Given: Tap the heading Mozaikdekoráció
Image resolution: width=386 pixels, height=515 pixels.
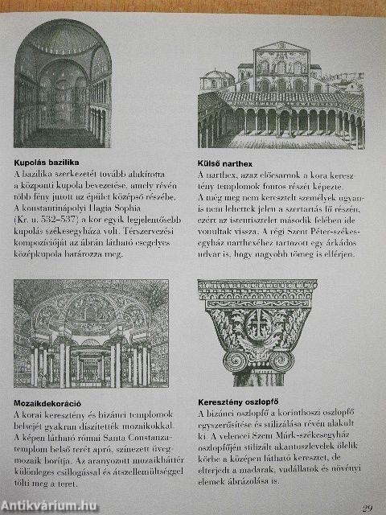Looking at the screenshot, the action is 48,401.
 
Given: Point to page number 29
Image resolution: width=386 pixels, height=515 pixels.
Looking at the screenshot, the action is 367,508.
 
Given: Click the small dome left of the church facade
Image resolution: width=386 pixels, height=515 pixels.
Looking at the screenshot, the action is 218,79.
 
